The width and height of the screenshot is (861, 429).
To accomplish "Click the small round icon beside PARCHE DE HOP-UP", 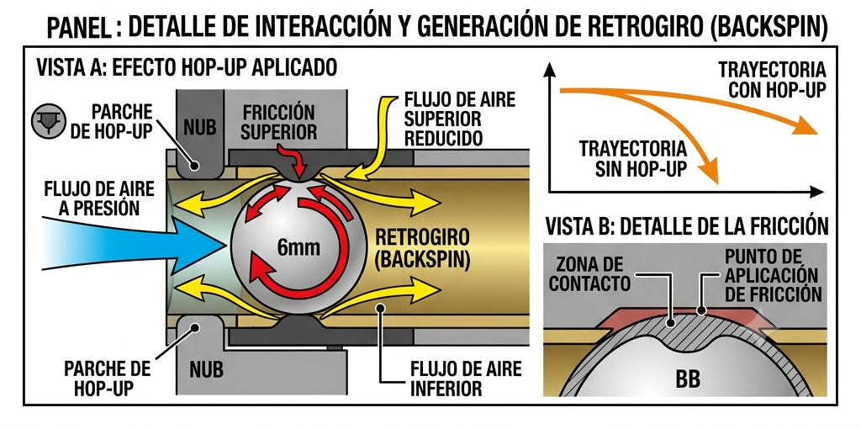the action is [x=49, y=121].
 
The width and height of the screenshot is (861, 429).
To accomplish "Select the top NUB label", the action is [x=200, y=128].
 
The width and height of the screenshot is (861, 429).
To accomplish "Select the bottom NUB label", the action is [x=207, y=369].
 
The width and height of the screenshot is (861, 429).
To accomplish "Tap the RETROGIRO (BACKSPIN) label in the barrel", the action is [x=422, y=249].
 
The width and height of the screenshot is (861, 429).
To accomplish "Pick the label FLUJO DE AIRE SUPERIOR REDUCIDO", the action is [x=460, y=119].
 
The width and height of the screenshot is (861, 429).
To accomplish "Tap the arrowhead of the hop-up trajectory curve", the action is [x=805, y=126].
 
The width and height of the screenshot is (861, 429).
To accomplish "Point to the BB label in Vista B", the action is [x=688, y=380].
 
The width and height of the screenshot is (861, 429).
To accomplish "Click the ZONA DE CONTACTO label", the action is [x=589, y=274].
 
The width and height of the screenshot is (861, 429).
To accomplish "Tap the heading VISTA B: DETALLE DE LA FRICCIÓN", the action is [x=686, y=226].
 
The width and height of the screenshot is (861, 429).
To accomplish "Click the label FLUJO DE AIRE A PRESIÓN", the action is [x=99, y=198].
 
